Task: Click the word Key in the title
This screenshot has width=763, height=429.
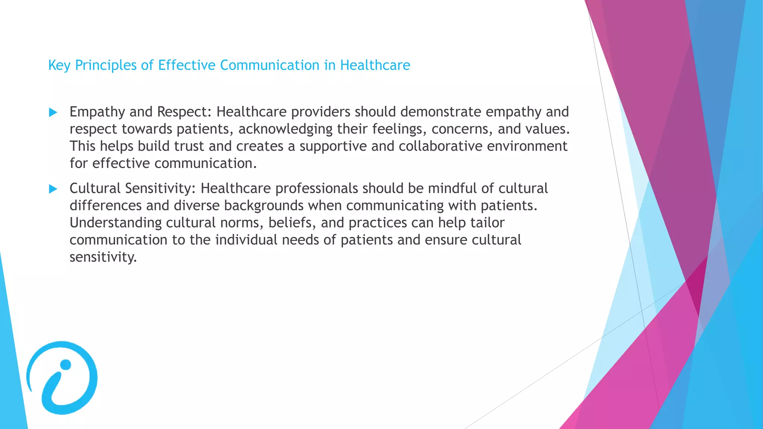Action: [x=59, y=66]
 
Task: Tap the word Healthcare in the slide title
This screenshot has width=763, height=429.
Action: [x=375, y=65]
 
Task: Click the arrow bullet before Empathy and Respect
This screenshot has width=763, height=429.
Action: [x=53, y=112]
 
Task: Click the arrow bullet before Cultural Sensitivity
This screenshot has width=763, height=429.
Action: [x=53, y=189]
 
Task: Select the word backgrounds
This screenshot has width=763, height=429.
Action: [x=264, y=206]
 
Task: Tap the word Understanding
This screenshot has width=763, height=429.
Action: [x=115, y=223]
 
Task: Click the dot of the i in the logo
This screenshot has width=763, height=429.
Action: [x=66, y=365]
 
